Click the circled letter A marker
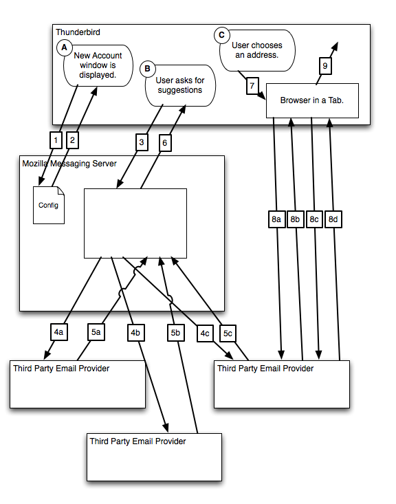click(65, 47)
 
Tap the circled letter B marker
click(148, 69)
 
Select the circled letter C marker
click(222, 35)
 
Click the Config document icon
click(49, 205)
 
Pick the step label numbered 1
click(56, 140)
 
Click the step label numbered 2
click(72, 140)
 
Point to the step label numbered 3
click(142, 142)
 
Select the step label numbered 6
click(165, 143)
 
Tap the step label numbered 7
click(252, 86)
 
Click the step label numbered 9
click(325, 66)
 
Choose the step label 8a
click(277, 219)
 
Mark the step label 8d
click(333, 219)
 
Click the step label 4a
click(59, 332)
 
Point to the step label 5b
click(176, 333)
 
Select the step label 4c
click(205, 333)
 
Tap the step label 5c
click(228, 333)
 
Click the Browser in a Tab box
click(312, 100)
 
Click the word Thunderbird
click(78, 32)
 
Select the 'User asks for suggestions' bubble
click(180, 85)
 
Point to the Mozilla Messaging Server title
click(69, 164)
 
